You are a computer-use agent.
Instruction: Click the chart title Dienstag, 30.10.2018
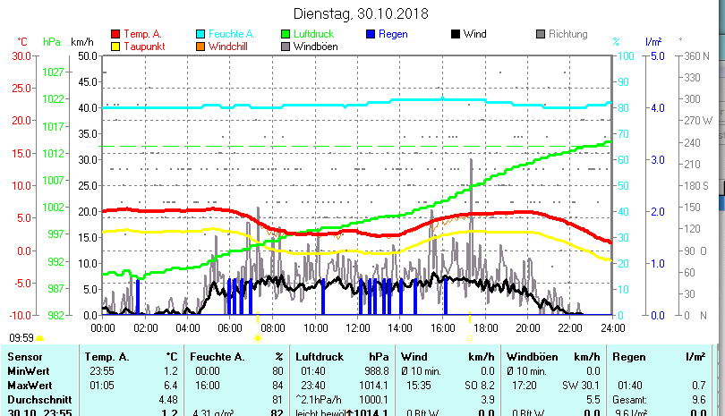(x=362, y=13)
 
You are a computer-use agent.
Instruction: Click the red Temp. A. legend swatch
(x=115, y=34)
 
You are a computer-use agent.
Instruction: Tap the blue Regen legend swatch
(x=371, y=34)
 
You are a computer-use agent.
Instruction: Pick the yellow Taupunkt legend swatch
(x=115, y=46)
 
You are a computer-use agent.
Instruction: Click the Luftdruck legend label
(x=313, y=34)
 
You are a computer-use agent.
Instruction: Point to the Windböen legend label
(x=316, y=46)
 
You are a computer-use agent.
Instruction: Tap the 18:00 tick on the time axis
(x=485, y=328)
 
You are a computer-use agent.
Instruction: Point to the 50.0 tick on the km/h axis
(x=87, y=55)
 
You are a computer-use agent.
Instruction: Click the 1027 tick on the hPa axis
(x=53, y=71)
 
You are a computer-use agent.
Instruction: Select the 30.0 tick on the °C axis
(x=21, y=55)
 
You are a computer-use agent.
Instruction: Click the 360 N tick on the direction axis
(x=695, y=55)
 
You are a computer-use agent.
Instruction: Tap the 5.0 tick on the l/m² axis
(x=655, y=55)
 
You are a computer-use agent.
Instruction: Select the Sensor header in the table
(x=24, y=356)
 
